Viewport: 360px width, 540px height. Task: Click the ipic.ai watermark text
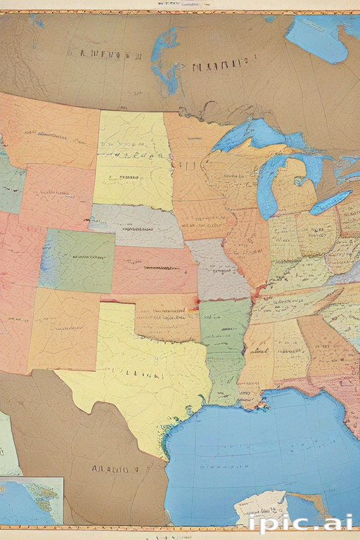coord(301,522)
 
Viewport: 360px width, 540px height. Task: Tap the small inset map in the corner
coord(32,500)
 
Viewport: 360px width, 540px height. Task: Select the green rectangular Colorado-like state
coord(77,260)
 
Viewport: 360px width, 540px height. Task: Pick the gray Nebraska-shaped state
coord(137,225)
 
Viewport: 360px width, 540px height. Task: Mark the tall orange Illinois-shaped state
coord(247,246)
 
